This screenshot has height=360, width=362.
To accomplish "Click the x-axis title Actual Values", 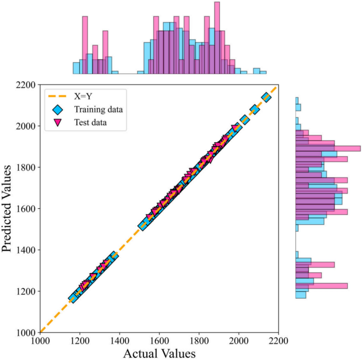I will coord(159,353).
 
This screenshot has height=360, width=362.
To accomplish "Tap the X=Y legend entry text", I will coord(88,96).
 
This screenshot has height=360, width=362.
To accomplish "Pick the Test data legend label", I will coord(94,124).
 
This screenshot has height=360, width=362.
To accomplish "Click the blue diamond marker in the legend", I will coord(58,110).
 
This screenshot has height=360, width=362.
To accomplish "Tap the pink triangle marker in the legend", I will coord(58,124).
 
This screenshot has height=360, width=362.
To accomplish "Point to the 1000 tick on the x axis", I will coord(40,340).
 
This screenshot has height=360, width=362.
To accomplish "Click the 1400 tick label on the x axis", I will coord(119,340).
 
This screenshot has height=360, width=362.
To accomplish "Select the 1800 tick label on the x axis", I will coord(199,340).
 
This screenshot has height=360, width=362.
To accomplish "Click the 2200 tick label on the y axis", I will coord(25,85).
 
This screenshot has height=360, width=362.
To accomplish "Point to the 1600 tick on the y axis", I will coord(25,209).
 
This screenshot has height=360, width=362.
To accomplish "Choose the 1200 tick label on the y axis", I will coord(25,291).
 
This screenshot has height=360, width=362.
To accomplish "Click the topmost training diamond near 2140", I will coord(266,97).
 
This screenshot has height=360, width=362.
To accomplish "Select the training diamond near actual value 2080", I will coord(254,109).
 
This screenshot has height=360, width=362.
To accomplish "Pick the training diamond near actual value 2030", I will coord(245,119).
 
